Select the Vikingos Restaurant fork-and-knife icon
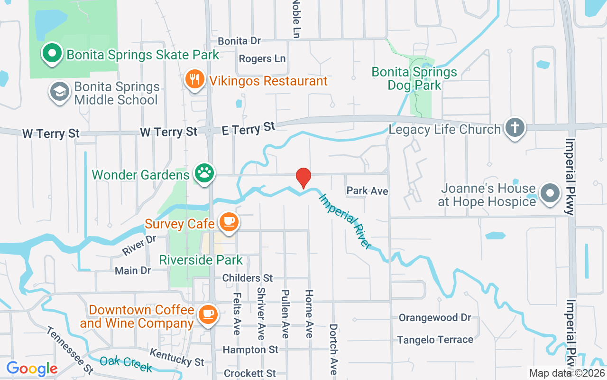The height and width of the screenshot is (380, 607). click(x=194, y=80)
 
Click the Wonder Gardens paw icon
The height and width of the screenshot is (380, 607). click(x=204, y=173)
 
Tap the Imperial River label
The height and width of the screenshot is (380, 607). click(x=345, y=221)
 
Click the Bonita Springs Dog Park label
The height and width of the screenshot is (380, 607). click(x=414, y=78)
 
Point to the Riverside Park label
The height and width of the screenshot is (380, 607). click(x=201, y=260)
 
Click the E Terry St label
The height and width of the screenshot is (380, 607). click(x=249, y=128)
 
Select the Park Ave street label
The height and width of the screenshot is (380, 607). click(x=367, y=191)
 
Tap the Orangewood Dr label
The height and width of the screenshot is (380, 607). click(x=435, y=318)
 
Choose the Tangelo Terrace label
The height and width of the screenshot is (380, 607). click(x=435, y=340)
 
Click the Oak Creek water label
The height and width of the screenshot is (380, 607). click(x=126, y=364)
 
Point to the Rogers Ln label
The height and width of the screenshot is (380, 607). click(x=262, y=59)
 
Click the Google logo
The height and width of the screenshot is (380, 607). click(x=32, y=368)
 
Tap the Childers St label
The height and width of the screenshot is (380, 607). click(x=248, y=278)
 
